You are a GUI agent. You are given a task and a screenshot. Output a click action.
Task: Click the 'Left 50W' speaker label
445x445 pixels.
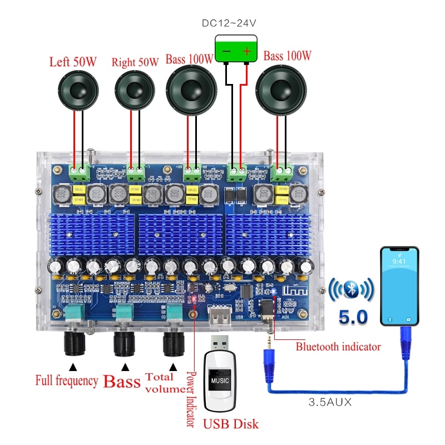point(73,62)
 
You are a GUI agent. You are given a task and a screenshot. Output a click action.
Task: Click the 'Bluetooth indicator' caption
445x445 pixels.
point(338,347)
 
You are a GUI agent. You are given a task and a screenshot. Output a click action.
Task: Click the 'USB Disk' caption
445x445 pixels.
point(230,424)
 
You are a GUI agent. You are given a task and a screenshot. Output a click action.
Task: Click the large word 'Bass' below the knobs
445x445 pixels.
point(122,382)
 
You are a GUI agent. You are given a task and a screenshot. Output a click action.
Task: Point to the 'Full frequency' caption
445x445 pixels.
point(67,382)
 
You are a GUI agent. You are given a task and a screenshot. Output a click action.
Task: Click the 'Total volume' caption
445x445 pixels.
point(164,383)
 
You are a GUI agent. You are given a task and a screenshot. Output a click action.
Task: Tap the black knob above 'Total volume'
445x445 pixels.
point(174,343)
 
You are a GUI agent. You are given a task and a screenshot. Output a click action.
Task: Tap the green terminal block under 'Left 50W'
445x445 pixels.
point(78,172)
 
